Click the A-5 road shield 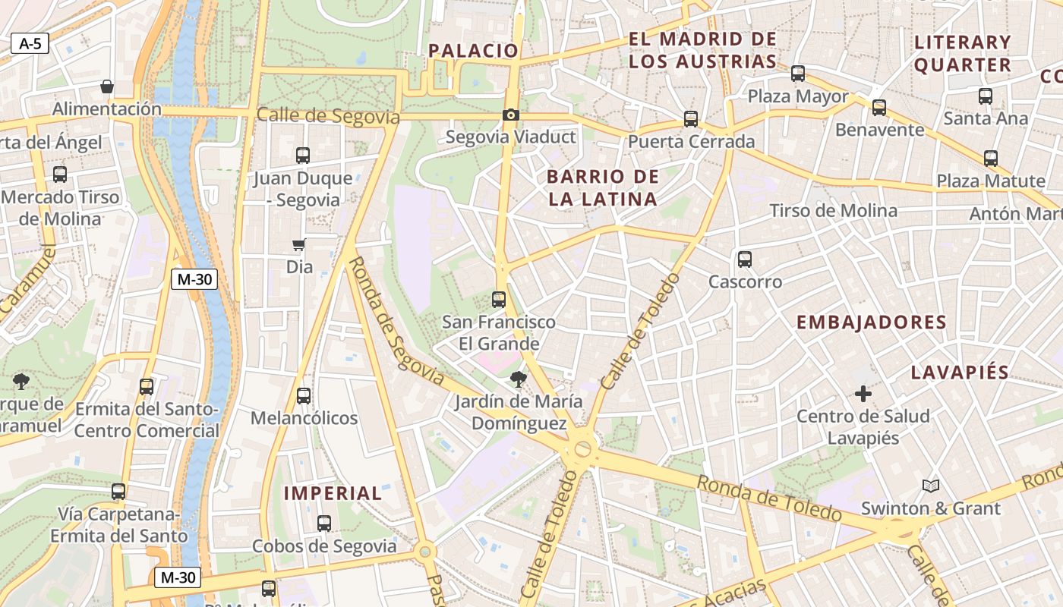(x=30, y=43)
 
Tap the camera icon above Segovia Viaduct (x=511, y=115)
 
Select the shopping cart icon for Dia (x=299, y=244)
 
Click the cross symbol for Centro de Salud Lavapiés (x=863, y=394)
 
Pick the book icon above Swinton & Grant (x=931, y=486)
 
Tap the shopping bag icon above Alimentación (x=107, y=86)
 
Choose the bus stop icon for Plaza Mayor (x=798, y=74)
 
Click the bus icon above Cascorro (x=745, y=259)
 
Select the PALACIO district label (x=473, y=51)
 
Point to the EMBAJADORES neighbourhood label (x=871, y=322)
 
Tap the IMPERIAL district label (x=333, y=493)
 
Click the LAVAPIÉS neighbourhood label (x=960, y=373)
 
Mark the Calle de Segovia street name (x=328, y=116)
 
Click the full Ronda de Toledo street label (x=769, y=498)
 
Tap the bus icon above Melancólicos (x=304, y=395)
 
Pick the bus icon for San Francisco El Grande (x=499, y=299)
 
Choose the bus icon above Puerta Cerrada (x=691, y=118)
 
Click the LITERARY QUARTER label (x=962, y=53)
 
